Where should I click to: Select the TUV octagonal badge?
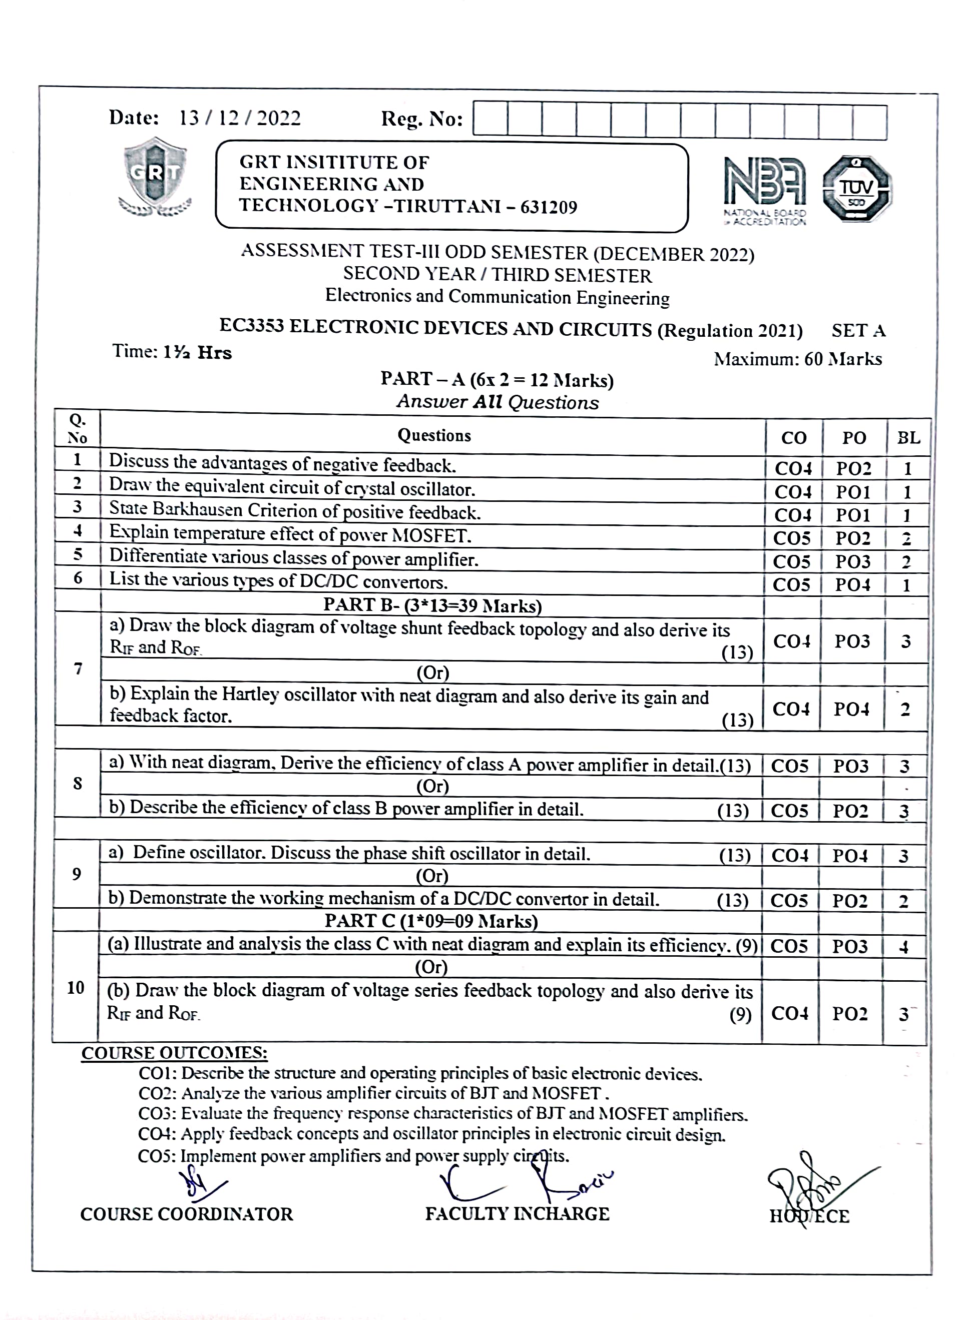[856, 189]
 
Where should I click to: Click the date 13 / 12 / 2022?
[239, 119]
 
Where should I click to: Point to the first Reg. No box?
[490, 121]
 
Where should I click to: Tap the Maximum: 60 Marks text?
[797, 359]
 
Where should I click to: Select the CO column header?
[793, 438]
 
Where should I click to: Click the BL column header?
[908, 438]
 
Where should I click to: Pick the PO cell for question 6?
[852, 584]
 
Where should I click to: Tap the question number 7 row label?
[78, 669]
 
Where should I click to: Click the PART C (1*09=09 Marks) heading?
[431, 921]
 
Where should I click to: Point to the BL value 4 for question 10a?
[903, 946]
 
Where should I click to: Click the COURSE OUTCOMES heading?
[174, 1053]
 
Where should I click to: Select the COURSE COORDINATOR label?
[186, 1214]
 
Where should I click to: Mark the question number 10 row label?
[76, 987]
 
